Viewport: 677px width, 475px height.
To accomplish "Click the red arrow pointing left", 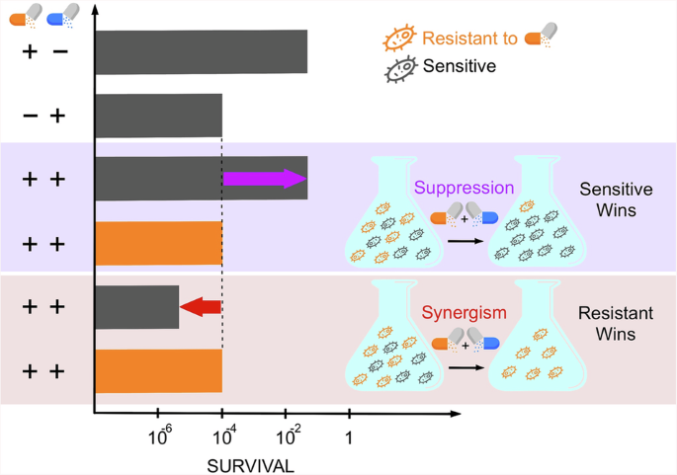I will (200, 308).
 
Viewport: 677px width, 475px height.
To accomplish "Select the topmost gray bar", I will (201, 51).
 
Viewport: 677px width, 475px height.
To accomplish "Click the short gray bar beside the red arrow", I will (136, 307).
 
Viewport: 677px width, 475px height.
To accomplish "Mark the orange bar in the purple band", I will (158, 243).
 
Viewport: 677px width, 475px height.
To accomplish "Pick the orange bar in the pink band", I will (158, 370).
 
